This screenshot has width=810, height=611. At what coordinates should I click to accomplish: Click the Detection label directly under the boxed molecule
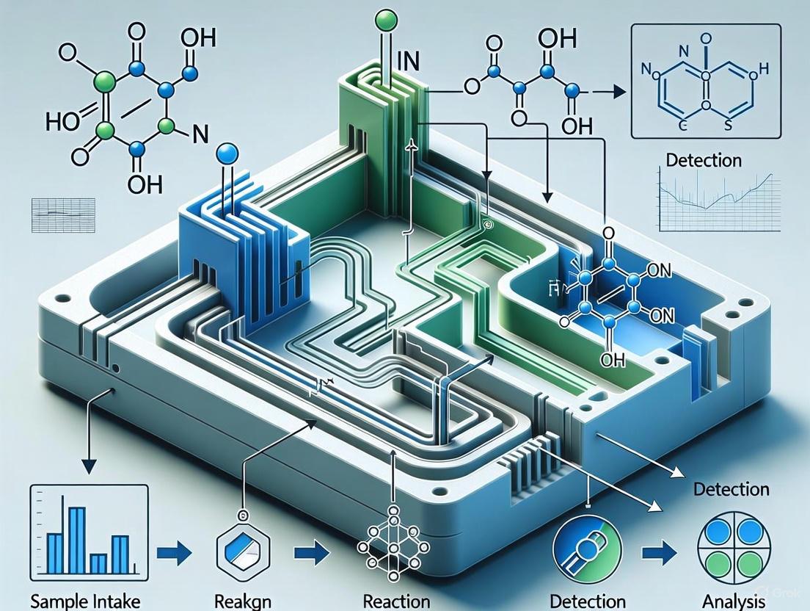(704, 159)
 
